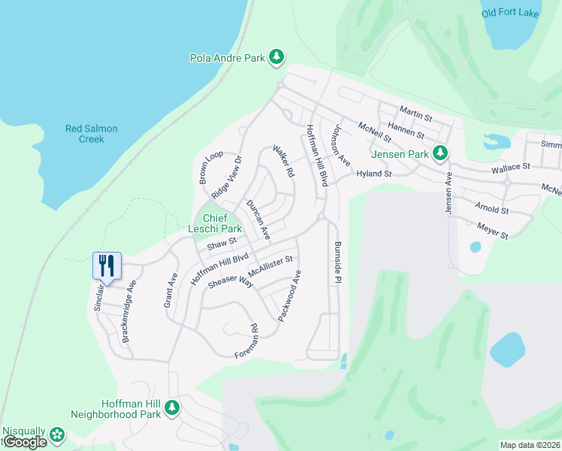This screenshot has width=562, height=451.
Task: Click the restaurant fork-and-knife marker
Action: click(106, 266)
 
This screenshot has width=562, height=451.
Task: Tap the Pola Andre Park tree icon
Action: click(277, 56)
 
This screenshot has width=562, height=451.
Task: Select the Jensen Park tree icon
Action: click(441, 153)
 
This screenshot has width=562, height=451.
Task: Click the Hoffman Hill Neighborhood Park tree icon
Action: click(172, 407)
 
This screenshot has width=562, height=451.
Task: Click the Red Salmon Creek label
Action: click(91, 134)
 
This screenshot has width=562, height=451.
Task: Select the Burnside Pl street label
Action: click(338, 262)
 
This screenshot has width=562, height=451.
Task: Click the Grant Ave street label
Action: click(169, 290)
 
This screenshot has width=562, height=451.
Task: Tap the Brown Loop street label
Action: click(206, 168)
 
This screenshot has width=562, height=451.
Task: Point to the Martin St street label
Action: click(415, 114)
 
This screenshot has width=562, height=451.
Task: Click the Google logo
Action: click(24, 442)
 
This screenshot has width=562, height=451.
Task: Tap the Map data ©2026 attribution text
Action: click(530, 445)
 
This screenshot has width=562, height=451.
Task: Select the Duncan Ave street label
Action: click(258, 220)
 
